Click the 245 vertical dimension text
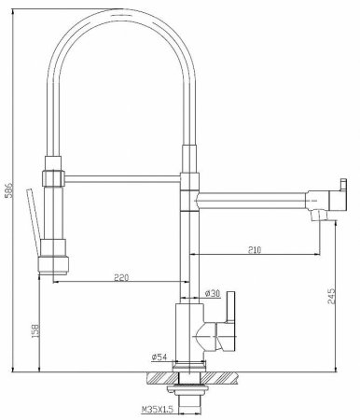(333, 297)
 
